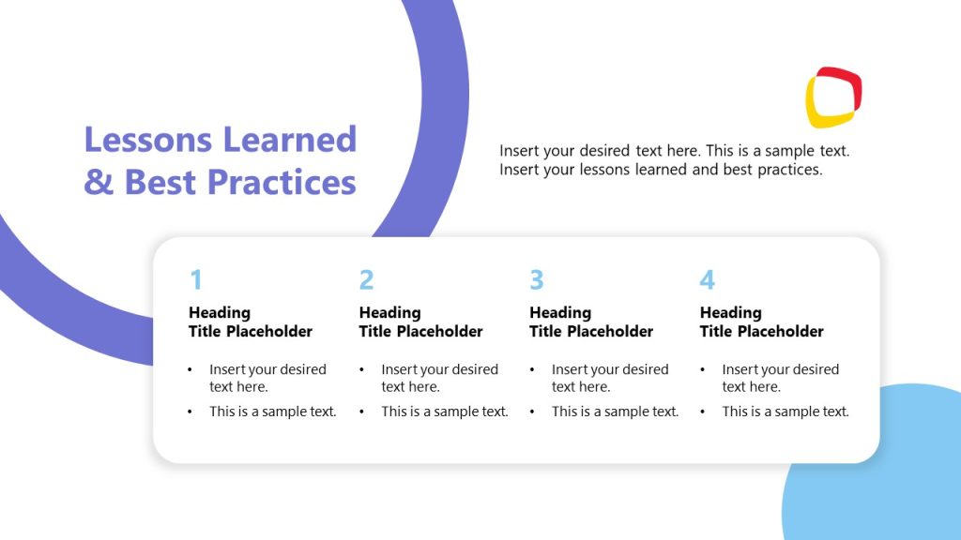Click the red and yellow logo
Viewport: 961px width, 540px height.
click(833, 97)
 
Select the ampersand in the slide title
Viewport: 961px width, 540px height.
click(98, 181)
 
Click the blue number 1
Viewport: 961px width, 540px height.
click(195, 279)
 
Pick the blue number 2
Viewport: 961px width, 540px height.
click(366, 279)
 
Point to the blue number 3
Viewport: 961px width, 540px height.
click(536, 279)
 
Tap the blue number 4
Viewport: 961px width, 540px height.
click(707, 279)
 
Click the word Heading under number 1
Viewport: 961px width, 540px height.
click(220, 312)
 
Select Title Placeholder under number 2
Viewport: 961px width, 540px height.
click(420, 331)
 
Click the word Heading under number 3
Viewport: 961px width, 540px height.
click(560, 312)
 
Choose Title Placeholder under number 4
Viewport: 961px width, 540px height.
click(761, 331)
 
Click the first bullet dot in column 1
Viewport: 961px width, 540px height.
click(191, 369)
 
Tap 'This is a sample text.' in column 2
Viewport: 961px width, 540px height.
click(445, 412)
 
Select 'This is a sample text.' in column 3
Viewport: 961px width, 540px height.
click(615, 412)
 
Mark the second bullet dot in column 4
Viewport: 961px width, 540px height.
click(703, 412)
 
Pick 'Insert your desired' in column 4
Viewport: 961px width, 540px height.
click(780, 369)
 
